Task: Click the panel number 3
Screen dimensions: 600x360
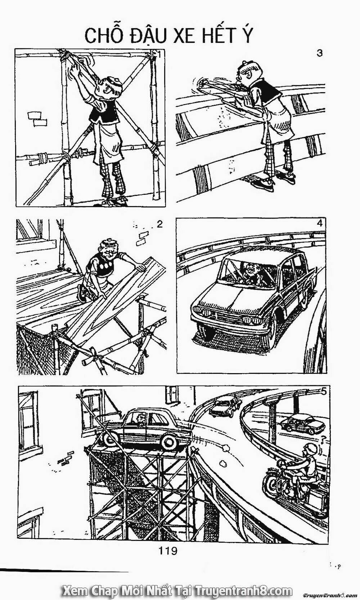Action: (319, 53)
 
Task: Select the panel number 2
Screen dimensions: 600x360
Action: (160, 224)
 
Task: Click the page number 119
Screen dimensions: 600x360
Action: (168, 551)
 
